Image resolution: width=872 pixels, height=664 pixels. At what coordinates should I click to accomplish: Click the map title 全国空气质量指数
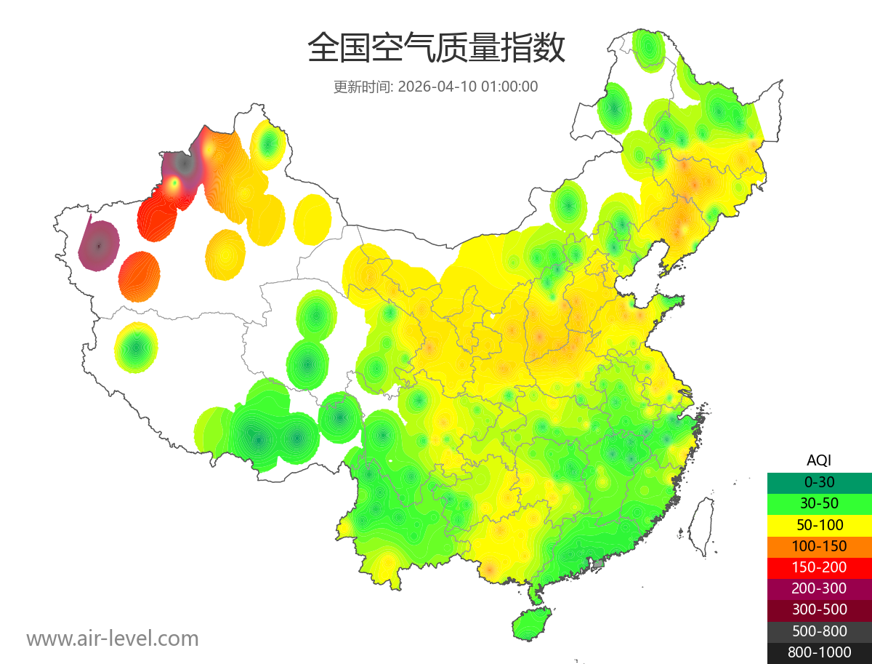point(436,49)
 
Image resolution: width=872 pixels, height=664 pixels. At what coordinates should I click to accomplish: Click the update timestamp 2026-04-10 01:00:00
point(468,87)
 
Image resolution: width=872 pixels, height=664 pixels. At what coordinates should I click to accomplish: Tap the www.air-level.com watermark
point(113,639)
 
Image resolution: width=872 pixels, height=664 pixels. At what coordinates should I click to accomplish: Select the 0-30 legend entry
point(819,482)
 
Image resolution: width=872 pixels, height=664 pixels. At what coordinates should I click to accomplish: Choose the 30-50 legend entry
point(819,503)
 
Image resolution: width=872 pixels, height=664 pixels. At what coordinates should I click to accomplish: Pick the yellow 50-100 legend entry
point(819,524)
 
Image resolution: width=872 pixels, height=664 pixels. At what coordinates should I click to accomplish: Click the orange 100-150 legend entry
point(819,545)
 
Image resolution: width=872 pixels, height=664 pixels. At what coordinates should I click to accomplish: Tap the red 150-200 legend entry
point(819,567)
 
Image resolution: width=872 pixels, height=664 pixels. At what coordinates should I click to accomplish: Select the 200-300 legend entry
point(819,588)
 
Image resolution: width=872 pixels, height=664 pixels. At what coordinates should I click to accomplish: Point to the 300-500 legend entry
point(819,609)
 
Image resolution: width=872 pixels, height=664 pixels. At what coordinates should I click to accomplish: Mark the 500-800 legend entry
point(819,631)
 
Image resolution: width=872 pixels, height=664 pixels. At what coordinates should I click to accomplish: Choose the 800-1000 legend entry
point(819,652)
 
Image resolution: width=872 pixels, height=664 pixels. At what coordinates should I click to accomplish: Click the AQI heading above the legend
point(819,460)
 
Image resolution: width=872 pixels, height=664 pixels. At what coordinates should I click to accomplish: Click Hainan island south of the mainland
point(531,625)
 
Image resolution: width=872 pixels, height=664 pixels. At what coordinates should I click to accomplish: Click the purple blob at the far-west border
point(99,246)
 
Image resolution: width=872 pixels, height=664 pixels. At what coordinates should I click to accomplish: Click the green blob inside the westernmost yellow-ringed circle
point(137,348)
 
